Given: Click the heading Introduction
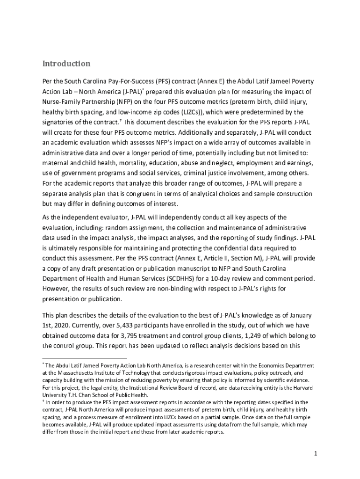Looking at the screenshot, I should point(66,64).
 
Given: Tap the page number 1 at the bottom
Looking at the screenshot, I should point(316,453).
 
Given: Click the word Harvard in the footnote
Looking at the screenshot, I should point(303,388).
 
